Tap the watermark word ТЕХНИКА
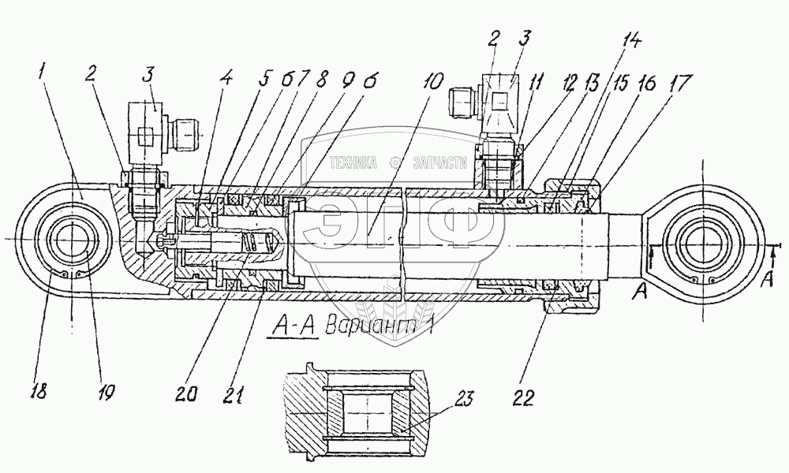(x=353, y=163)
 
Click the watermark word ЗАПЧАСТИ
(x=443, y=163)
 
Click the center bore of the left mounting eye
(x=71, y=238)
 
